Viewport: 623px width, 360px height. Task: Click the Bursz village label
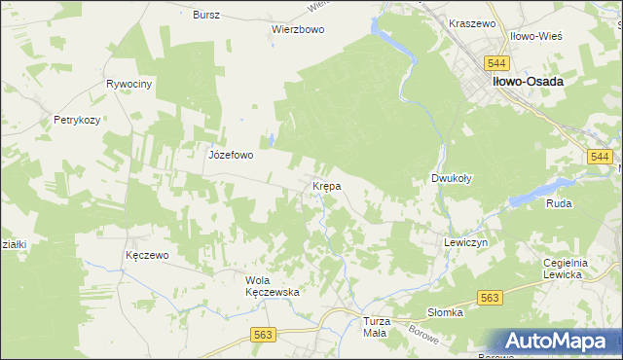click(206, 16)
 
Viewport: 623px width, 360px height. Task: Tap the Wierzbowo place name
click(297, 29)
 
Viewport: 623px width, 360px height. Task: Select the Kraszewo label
click(473, 22)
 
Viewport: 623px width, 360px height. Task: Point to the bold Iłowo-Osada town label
click(528, 83)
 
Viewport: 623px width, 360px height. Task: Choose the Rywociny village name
click(130, 85)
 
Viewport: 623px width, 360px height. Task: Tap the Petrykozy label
click(78, 121)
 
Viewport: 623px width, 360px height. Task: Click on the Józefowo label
click(231, 154)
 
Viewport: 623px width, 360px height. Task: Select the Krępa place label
click(325, 185)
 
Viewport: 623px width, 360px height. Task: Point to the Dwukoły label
click(452, 179)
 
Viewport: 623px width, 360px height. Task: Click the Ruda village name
click(559, 203)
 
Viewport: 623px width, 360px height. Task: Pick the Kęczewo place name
click(148, 255)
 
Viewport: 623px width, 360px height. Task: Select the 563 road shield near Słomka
click(489, 299)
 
